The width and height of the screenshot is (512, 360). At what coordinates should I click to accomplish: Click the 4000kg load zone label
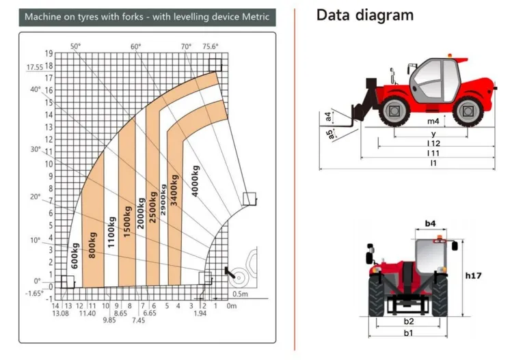[195, 181]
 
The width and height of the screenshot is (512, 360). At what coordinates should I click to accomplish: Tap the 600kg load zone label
[75, 255]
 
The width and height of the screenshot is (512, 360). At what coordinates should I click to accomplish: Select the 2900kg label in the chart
[163, 199]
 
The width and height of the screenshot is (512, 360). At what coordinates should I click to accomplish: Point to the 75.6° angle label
[211, 46]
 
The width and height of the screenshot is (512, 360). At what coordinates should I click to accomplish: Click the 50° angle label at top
[75, 46]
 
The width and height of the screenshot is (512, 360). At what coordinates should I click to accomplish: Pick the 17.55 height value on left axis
[35, 67]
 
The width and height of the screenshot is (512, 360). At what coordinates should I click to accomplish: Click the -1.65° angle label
[34, 293]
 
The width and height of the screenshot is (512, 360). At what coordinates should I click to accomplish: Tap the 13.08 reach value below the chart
[60, 314]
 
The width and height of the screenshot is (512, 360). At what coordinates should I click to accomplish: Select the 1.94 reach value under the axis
[200, 314]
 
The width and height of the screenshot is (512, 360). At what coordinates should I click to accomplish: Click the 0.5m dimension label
[241, 294]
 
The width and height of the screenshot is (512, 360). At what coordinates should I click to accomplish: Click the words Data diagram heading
[365, 15]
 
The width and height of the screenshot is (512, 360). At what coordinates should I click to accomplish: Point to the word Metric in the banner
[256, 16]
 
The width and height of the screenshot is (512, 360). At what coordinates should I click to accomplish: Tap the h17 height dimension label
[473, 275]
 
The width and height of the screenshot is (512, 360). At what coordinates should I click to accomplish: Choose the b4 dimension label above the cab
[431, 223]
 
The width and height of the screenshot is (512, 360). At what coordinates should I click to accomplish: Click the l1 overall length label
[433, 163]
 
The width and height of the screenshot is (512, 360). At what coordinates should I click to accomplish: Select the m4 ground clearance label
[433, 121]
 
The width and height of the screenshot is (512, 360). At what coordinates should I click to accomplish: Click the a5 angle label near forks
[330, 134]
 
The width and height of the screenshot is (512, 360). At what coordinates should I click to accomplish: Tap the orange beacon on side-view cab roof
[450, 55]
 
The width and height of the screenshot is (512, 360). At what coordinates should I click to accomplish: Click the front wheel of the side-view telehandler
[394, 111]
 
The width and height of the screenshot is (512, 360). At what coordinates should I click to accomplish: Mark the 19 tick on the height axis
[49, 53]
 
